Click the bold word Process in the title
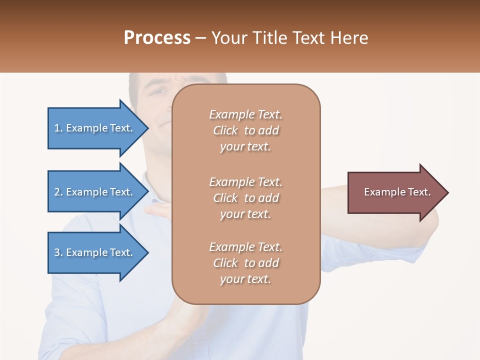tap(157, 38)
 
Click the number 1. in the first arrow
tap(58, 128)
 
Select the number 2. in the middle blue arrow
tap(58, 192)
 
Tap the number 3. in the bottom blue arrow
tap(58, 252)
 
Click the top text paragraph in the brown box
tap(245, 130)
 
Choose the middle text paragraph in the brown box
tap(245, 198)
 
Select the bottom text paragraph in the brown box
tap(245, 263)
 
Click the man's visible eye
tap(159, 92)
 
